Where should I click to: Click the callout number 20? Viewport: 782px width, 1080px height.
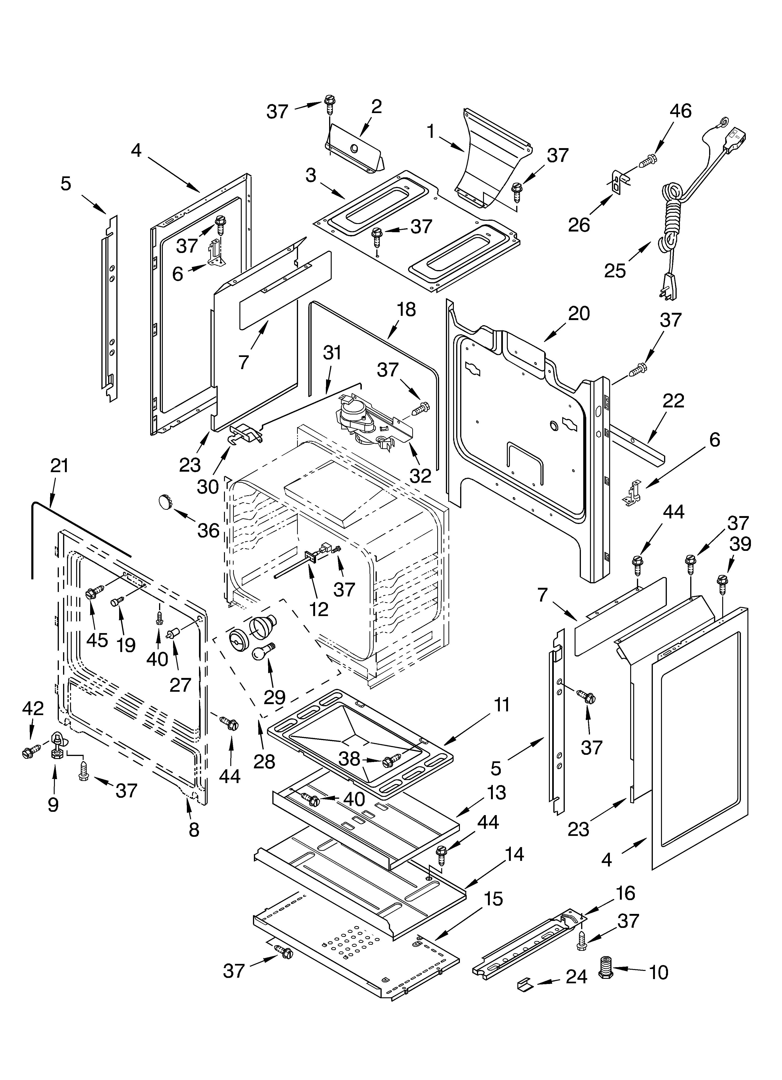pos(579,313)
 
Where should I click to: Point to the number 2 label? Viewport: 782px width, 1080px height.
pos(376,107)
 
